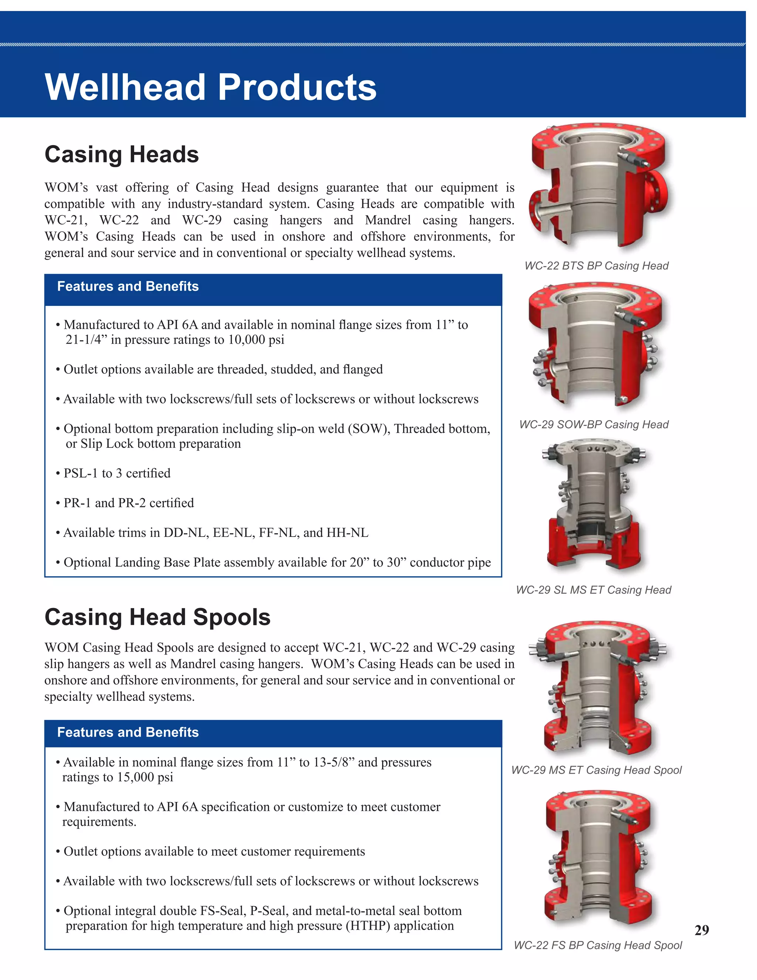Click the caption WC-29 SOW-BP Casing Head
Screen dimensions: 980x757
click(594, 425)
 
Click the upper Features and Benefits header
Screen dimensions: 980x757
click(128, 286)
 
